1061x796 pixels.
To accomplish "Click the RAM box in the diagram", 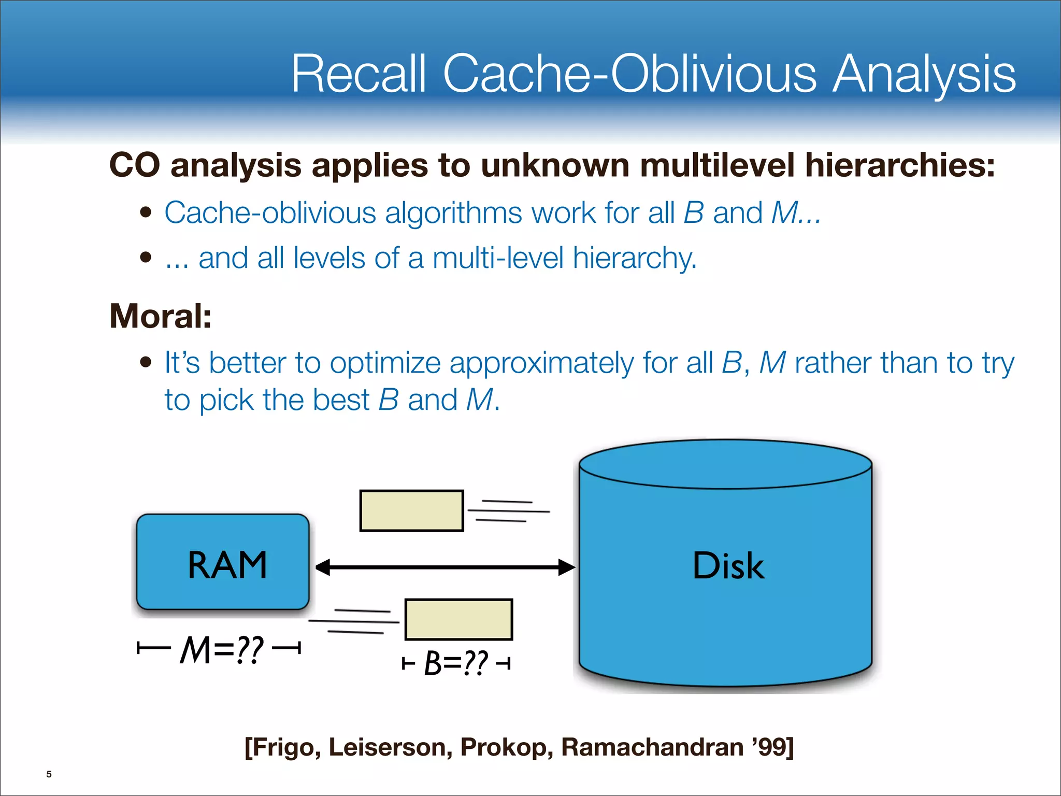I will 223,562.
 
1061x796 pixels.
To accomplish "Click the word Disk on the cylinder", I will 728,565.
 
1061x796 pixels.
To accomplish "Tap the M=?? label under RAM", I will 222,650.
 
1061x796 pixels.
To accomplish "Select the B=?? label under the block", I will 456,663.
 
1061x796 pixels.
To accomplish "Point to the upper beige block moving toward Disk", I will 412,510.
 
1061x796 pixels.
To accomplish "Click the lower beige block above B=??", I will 458,619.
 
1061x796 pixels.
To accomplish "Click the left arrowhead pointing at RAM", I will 323,567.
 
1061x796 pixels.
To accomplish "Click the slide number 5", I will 49,774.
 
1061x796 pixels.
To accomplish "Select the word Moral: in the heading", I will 161,316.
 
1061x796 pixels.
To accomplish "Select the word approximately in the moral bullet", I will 541,363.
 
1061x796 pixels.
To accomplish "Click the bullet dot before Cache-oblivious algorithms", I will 146,212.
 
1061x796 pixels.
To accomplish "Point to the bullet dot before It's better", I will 146,362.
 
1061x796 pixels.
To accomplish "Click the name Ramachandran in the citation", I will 652,747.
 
